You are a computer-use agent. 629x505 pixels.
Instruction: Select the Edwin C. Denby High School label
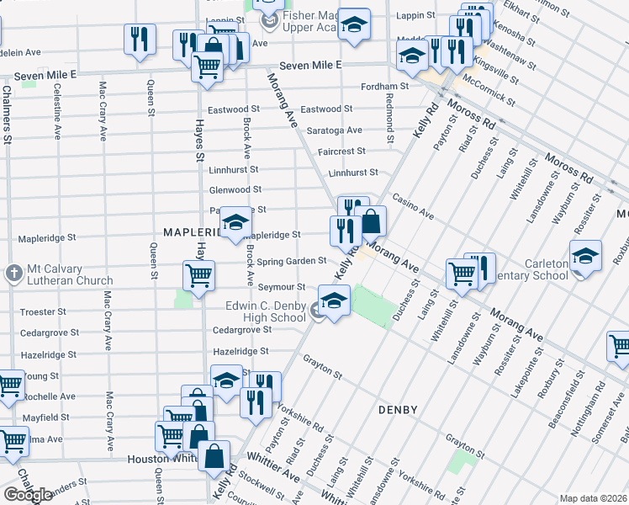point(266,311)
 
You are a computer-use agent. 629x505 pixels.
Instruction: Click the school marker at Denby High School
point(334,301)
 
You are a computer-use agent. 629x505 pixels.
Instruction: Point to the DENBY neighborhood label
point(398,410)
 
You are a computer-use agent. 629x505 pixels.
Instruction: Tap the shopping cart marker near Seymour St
point(198,274)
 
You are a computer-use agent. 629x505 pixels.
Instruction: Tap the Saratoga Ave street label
point(334,130)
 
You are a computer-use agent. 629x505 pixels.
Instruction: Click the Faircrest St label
point(342,151)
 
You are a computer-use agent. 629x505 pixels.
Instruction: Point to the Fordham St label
point(384,86)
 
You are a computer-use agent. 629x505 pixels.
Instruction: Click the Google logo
point(28,494)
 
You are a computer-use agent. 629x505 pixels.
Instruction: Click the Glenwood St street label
point(235,190)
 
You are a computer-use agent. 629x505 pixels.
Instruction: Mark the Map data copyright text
point(592,498)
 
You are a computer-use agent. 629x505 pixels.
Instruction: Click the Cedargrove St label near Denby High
point(240,331)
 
